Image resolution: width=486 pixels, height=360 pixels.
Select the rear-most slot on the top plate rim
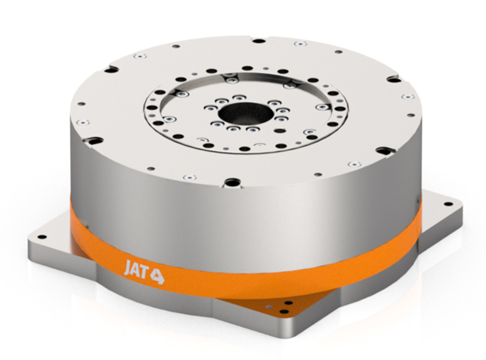pyautogui.click(x=258, y=41)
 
